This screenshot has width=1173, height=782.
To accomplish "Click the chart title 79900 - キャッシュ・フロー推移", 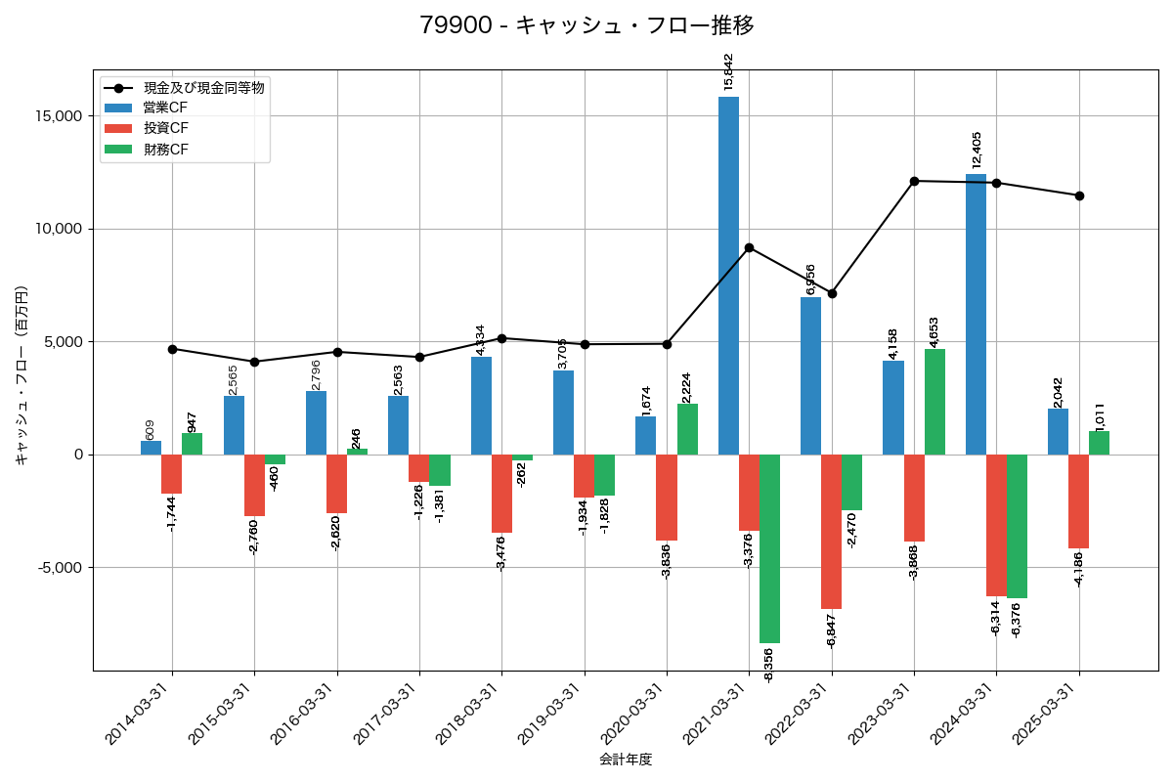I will pos(586,25).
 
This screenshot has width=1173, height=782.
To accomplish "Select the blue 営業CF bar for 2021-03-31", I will pos(728,276).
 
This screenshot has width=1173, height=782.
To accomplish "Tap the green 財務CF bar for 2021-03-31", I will pos(769,548).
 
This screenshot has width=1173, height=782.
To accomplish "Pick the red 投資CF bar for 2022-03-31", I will pos(831,532).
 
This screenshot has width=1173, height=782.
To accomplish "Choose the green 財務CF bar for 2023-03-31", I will pos(934,402).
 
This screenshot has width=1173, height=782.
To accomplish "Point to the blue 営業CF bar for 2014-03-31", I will pos(152,448).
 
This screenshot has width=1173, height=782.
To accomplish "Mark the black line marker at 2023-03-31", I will pos(914,181).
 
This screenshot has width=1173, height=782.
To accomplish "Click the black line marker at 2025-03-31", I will pos(1079,195).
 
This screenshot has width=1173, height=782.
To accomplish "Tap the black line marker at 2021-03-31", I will pos(749,247).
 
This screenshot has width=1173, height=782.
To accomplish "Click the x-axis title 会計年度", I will pos(626,760).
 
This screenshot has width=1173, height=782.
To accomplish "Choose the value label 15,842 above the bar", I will pos(728,71).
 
